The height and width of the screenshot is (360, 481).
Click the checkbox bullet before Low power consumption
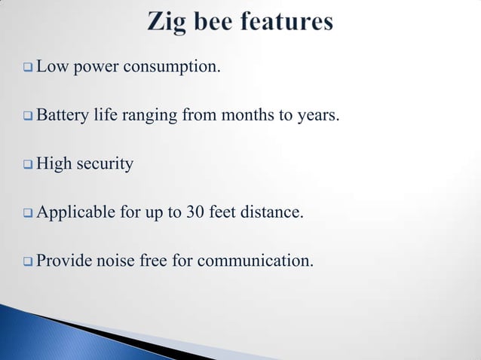coord(28,69)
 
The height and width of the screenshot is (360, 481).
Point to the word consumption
coord(173,69)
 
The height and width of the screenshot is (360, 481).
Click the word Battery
coord(61,116)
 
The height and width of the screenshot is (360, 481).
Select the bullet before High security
coord(28,164)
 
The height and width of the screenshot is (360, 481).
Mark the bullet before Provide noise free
coord(28,261)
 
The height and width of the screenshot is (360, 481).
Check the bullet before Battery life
coord(28,116)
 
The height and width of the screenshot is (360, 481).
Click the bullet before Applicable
coord(28,213)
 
